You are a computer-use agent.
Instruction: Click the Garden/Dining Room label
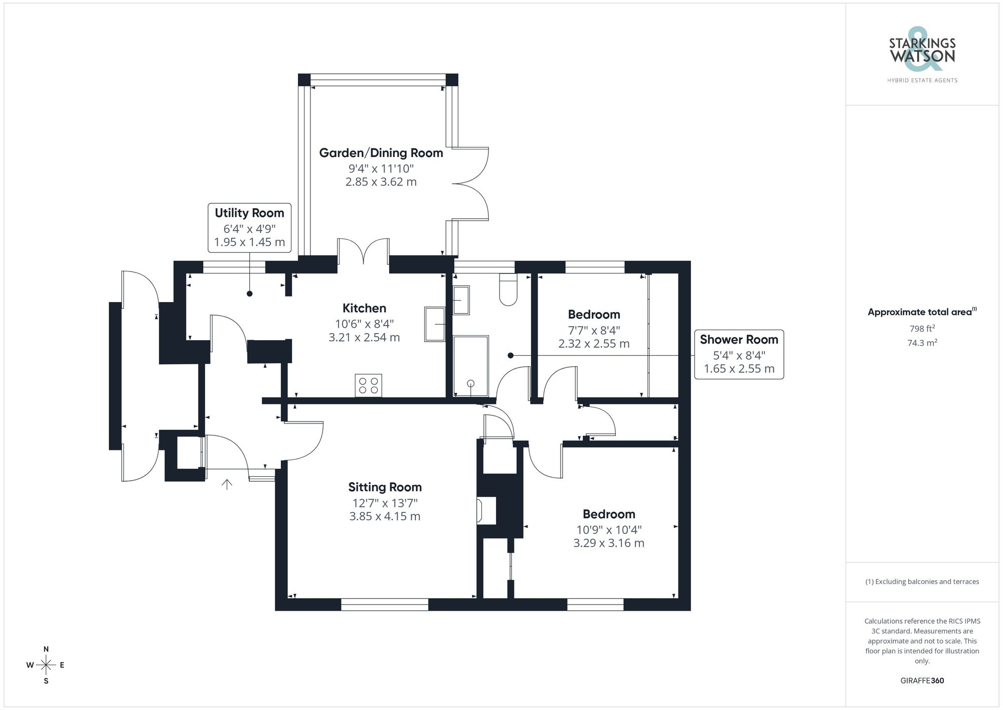point(381,153)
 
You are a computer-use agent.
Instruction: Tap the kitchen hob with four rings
point(368,385)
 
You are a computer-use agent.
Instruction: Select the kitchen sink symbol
point(434,324)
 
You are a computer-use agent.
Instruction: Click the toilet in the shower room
point(508,291)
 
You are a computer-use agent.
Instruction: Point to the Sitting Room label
point(385,487)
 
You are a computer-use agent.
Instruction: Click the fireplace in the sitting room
point(486,511)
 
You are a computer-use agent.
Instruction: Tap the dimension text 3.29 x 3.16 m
point(608,543)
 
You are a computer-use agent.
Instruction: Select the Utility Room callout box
point(249,227)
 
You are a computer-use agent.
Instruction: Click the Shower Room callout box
point(739,354)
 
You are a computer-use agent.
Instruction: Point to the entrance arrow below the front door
point(227,484)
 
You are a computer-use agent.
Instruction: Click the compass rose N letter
point(46,649)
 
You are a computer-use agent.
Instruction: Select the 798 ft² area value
point(922,329)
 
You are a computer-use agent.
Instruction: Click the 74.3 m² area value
point(922,343)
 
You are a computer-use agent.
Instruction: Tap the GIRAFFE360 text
point(922,680)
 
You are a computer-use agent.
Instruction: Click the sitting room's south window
point(385,605)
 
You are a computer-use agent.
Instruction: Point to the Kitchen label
point(364,308)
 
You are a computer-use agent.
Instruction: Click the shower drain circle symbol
point(470,384)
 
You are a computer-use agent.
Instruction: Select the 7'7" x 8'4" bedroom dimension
point(594,330)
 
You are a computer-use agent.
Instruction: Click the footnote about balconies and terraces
point(922,582)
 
